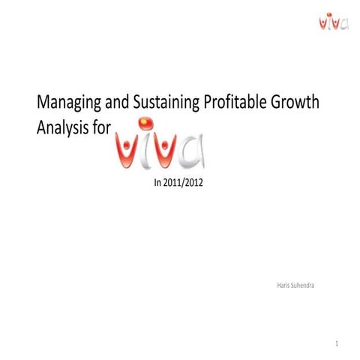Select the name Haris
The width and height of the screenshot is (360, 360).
click(284, 285)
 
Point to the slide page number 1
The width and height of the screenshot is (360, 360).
click(338, 344)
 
